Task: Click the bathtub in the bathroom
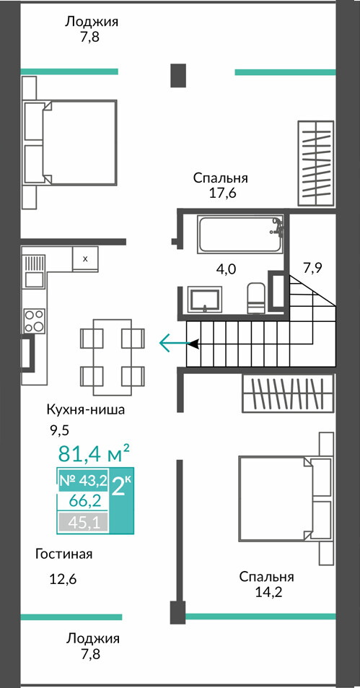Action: (240, 234)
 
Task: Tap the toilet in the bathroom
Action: (255, 298)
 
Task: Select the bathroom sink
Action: (206, 299)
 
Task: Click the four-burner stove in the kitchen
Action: (35, 321)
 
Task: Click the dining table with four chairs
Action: (113, 357)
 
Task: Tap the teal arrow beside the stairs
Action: (175, 343)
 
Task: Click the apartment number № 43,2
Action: (83, 481)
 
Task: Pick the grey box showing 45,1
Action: (83, 522)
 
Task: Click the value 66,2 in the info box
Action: (83, 501)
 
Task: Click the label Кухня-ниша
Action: (86, 410)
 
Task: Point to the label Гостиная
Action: (64, 554)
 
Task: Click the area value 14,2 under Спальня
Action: (268, 593)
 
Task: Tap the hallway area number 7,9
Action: (312, 267)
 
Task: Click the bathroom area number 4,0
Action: (227, 269)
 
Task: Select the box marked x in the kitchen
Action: (86, 259)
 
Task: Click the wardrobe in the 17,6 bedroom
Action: (316, 163)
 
